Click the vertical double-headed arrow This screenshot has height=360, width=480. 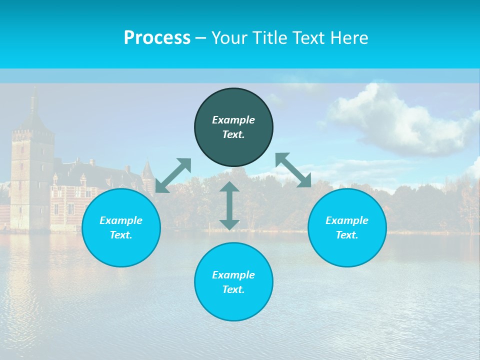click(229, 205)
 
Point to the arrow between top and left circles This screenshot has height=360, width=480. click(173, 175)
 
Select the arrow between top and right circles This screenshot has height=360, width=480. click(293, 170)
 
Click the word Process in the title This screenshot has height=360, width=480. click(157, 37)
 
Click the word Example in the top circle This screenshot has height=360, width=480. click(233, 120)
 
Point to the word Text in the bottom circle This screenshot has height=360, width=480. click(233, 289)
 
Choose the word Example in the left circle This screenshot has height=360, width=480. click(121, 220)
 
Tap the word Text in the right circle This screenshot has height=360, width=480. click(347, 235)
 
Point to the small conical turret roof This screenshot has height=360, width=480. click(147, 170)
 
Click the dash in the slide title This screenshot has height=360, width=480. click(201, 38)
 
